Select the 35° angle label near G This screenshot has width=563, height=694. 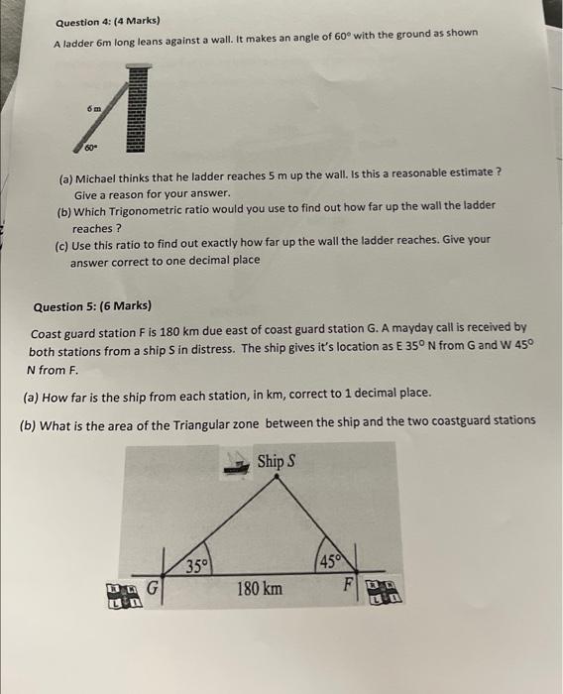pos(197,567)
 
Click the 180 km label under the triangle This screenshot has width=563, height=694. pos(259,589)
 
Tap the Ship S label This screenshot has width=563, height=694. pos(277,461)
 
